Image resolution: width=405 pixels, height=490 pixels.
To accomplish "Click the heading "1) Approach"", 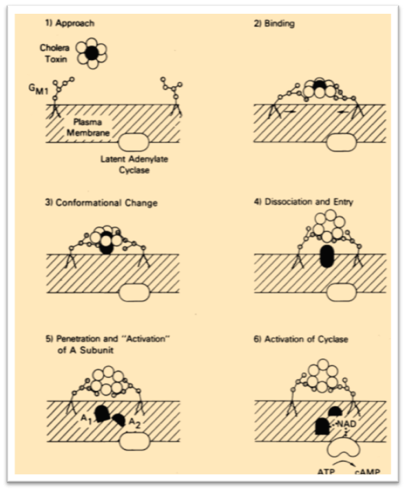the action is click(70, 23).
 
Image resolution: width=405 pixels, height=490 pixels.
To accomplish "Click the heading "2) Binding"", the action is click(274, 23).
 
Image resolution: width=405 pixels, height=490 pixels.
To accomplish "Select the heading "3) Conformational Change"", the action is click(101, 203).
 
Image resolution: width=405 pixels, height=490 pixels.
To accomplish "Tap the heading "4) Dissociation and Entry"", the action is click(303, 202).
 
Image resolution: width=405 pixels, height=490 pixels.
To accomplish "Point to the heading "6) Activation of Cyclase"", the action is click(301, 339).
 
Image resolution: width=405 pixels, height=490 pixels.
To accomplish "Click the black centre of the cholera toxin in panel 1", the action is click(92, 53).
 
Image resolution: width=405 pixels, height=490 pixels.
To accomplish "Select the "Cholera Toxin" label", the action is click(54, 54).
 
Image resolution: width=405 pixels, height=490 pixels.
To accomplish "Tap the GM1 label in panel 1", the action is click(38, 89).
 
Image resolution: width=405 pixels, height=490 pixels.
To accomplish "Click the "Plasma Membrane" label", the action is click(88, 127).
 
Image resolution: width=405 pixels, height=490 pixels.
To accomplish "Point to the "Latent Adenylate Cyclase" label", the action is click(134, 164).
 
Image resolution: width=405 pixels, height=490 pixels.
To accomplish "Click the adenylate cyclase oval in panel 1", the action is click(134, 142).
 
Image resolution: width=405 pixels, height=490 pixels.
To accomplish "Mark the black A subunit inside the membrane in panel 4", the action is click(326, 256).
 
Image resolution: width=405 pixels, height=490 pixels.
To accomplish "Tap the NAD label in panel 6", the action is click(346, 424).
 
